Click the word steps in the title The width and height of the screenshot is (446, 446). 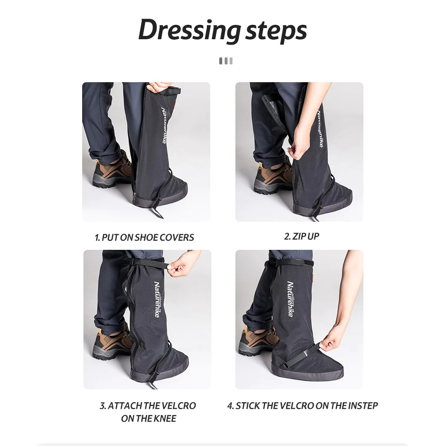[x=276, y=31]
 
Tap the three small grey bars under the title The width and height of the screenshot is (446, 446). [x=226, y=61]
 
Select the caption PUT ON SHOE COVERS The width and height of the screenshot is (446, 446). [x=147, y=237]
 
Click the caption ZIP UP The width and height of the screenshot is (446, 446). [x=306, y=236]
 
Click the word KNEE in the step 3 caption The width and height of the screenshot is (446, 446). [x=165, y=418]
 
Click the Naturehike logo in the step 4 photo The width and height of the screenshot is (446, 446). [x=290, y=299]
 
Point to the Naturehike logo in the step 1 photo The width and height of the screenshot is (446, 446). [x=164, y=125]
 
